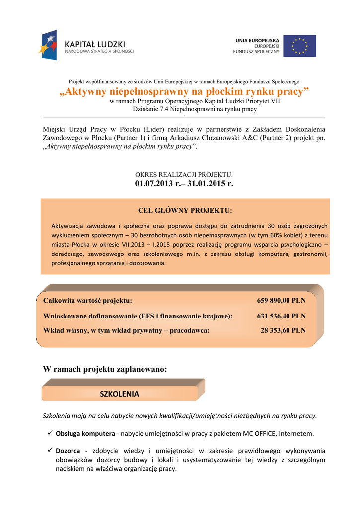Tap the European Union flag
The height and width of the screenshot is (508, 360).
click(x=299, y=46)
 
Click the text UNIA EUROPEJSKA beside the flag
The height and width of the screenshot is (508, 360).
click(x=256, y=40)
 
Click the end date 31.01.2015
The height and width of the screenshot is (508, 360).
click(x=209, y=184)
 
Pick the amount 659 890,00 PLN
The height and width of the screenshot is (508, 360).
click(x=281, y=301)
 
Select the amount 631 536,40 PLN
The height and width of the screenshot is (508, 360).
click(x=281, y=316)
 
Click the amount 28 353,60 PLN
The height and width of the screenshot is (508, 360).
click(x=283, y=330)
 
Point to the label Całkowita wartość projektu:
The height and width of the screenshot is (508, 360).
click(x=88, y=301)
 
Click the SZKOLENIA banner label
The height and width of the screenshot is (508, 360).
click(x=119, y=394)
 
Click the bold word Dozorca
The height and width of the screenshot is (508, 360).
click(x=68, y=451)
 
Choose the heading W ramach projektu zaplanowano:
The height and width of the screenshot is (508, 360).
click(x=105, y=369)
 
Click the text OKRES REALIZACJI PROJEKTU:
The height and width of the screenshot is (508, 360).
click(x=184, y=175)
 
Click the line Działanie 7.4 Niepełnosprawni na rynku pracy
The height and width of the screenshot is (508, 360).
click(x=184, y=109)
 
